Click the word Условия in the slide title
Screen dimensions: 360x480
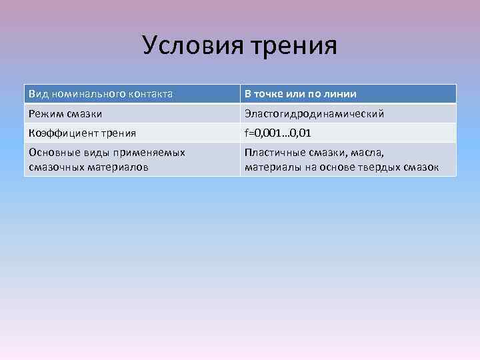(x=193, y=45)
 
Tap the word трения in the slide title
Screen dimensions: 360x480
(x=295, y=45)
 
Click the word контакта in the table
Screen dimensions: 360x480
(x=151, y=94)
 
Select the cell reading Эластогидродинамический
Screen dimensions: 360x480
(x=314, y=114)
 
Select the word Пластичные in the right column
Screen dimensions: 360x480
(x=273, y=153)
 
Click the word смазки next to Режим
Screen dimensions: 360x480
(x=85, y=114)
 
